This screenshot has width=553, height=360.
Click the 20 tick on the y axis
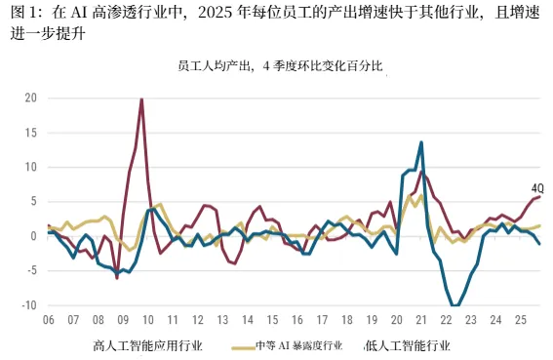click(x=30, y=98)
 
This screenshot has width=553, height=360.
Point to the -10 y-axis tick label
click(x=29, y=305)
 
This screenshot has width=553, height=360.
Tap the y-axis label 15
click(x=31, y=133)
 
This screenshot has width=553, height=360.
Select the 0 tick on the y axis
click(x=34, y=236)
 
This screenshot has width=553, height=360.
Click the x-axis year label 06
click(x=49, y=320)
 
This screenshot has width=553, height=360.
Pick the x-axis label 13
click(x=222, y=320)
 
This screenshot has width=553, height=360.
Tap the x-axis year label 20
click(x=396, y=320)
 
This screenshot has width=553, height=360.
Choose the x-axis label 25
click(x=521, y=320)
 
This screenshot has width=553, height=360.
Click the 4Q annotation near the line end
click(x=537, y=188)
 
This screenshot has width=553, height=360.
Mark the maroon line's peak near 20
click(x=141, y=100)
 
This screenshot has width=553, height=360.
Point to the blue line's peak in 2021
click(x=421, y=142)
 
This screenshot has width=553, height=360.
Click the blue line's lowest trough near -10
click(x=454, y=305)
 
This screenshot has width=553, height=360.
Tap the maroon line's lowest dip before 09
click(x=117, y=278)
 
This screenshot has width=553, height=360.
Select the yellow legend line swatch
click(x=244, y=348)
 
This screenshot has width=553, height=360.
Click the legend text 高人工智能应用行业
click(x=148, y=345)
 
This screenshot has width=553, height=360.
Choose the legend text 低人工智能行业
click(x=408, y=345)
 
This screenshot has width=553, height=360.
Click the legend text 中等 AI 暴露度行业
click(x=299, y=345)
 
